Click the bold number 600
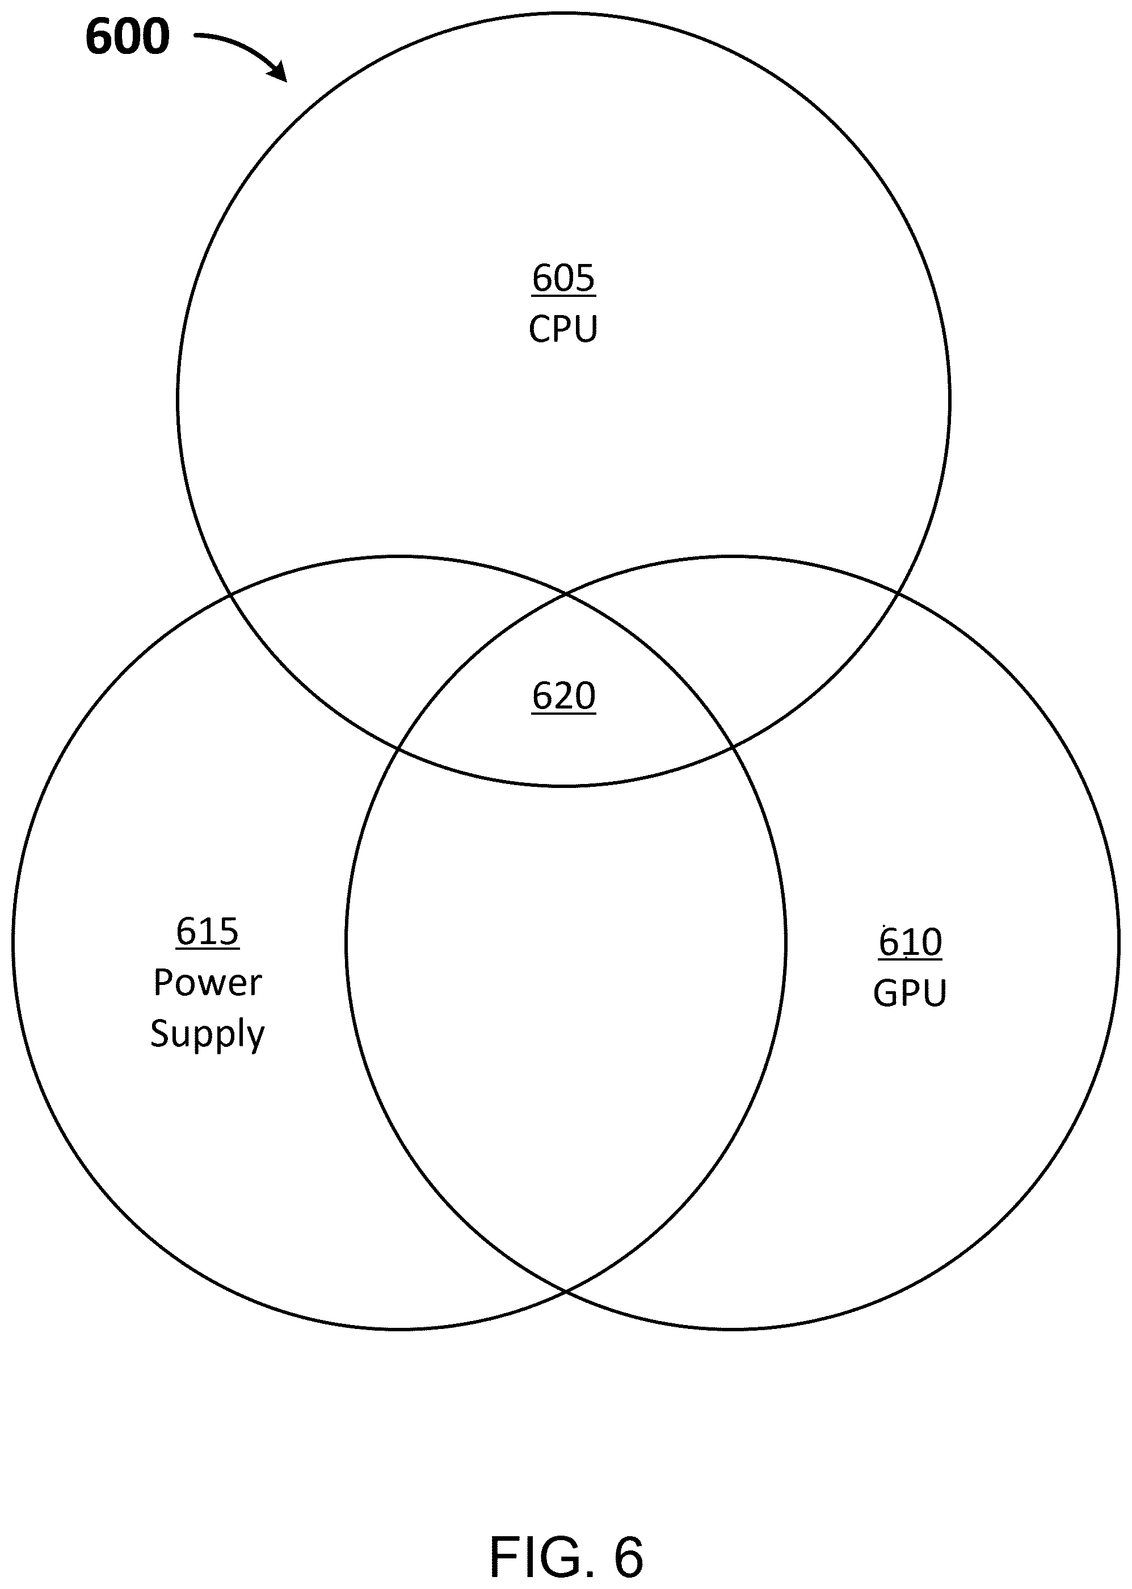(x=128, y=37)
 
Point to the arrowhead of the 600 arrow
(x=280, y=72)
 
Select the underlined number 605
(x=563, y=278)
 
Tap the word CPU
(x=563, y=329)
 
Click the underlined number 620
(x=564, y=696)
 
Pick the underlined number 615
(x=208, y=932)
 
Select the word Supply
(x=208, y=1034)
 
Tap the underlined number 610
(x=910, y=942)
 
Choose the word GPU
(x=910, y=993)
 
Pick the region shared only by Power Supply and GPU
(x=565, y=1011)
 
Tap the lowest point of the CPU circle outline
(x=564, y=786)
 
